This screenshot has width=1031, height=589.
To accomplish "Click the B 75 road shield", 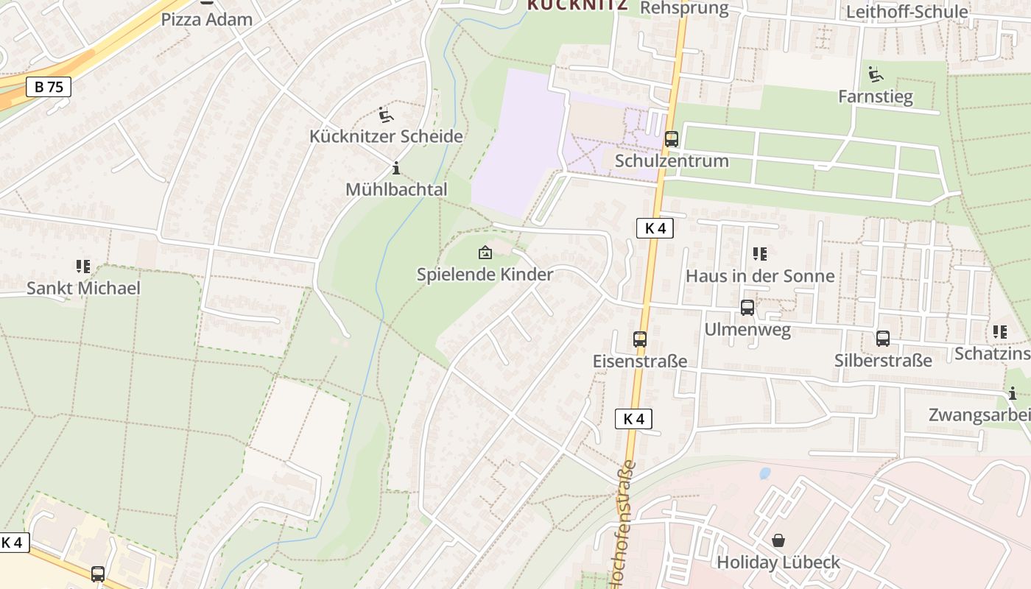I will [49, 87].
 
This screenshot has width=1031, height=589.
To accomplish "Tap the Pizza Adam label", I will [206, 19].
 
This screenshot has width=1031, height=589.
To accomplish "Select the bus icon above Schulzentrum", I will [671, 138].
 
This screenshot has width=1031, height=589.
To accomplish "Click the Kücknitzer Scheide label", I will [386, 136].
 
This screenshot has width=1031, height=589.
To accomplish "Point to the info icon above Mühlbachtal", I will [396, 168].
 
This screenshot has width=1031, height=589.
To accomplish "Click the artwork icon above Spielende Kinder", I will [485, 253].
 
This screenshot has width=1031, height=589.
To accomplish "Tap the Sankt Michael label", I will [83, 288].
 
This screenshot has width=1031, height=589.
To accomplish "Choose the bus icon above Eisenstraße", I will [639, 339].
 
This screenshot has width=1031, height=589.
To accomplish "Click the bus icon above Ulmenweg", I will [747, 308].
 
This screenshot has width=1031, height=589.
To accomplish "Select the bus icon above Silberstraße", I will [882, 339].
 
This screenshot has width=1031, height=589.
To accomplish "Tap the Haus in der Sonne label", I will [760, 276].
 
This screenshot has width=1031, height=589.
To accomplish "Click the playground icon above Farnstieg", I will [875, 74].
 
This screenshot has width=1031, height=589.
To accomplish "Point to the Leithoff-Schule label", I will [907, 12].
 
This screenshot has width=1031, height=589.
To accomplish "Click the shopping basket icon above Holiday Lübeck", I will [778, 541].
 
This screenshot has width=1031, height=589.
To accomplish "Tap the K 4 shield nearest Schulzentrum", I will [654, 228].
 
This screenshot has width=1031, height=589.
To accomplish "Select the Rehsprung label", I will [684, 8].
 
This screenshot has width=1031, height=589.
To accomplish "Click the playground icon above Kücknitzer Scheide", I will [385, 115].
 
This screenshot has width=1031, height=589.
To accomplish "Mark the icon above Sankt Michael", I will [82, 266].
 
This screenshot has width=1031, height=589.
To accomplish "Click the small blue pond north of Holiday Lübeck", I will [764, 473].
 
